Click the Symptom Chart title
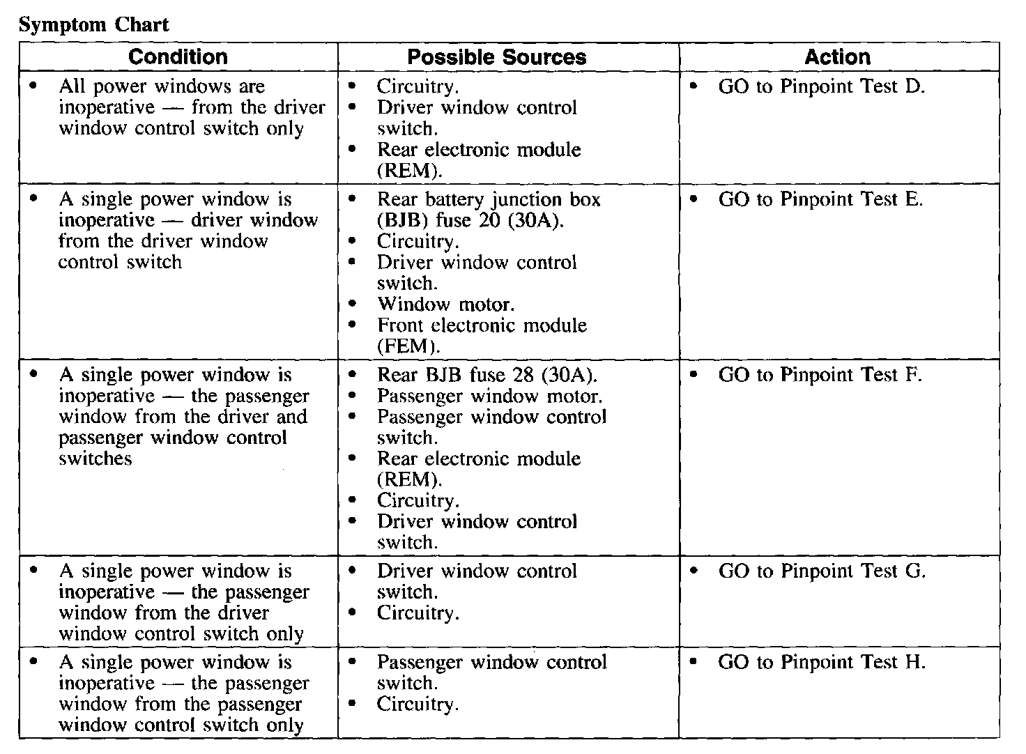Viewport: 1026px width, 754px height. [x=93, y=25]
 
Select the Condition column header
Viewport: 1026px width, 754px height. [x=178, y=57]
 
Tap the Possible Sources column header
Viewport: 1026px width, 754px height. [x=496, y=57]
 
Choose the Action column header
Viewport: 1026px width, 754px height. [x=837, y=57]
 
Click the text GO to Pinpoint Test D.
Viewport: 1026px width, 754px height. [x=821, y=87]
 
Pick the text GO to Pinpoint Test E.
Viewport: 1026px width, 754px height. [x=820, y=200]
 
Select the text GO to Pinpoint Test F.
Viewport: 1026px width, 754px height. [x=820, y=376]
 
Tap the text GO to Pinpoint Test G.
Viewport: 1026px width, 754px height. [x=821, y=572]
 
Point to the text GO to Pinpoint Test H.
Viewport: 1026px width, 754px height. [x=821, y=663]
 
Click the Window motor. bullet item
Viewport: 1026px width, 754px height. [x=446, y=305]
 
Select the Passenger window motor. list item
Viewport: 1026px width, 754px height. [x=489, y=397]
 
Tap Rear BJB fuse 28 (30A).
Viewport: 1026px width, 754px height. [x=487, y=376]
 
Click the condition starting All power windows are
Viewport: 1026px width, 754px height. [x=191, y=107]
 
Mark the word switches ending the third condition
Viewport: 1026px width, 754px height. [x=95, y=459]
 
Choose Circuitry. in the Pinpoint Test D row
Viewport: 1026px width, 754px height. [x=418, y=87]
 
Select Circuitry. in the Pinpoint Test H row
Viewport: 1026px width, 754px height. [x=418, y=705]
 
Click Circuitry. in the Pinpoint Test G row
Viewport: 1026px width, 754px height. [x=418, y=614]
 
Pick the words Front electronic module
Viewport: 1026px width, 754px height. [x=482, y=325]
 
